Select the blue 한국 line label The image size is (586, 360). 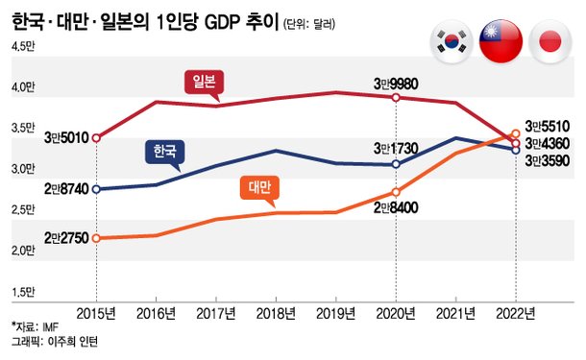click(x=164, y=152)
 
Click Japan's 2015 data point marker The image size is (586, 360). click(x=96, y=138)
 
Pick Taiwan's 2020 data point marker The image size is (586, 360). click(x=397, y=192)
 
